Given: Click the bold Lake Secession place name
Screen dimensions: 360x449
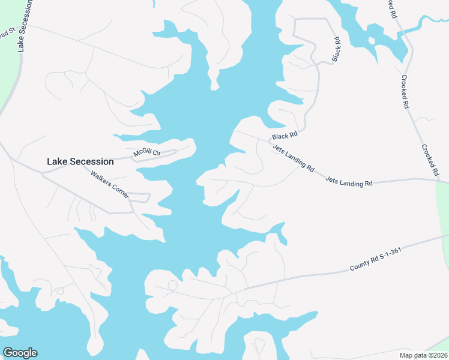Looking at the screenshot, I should tap(80, 161).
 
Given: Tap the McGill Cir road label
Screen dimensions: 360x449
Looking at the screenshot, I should tap(148, 153).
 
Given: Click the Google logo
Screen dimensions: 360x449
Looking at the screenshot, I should tap(20, 353).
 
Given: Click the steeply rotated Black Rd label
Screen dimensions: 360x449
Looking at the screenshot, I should tap(336, 49).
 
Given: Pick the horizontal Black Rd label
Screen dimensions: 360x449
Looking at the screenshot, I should tap(285, 137).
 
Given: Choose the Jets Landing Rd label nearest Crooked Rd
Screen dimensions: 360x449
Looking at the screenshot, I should tap(349, 181).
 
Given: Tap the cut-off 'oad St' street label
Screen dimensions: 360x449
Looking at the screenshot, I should tap(6, 34).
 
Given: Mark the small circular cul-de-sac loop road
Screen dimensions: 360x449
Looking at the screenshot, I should tap(172, 284).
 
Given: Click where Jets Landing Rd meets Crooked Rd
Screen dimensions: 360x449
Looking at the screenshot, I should tap(439, 179).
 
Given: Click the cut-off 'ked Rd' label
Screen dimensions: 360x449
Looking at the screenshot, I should tap(391, 8).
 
